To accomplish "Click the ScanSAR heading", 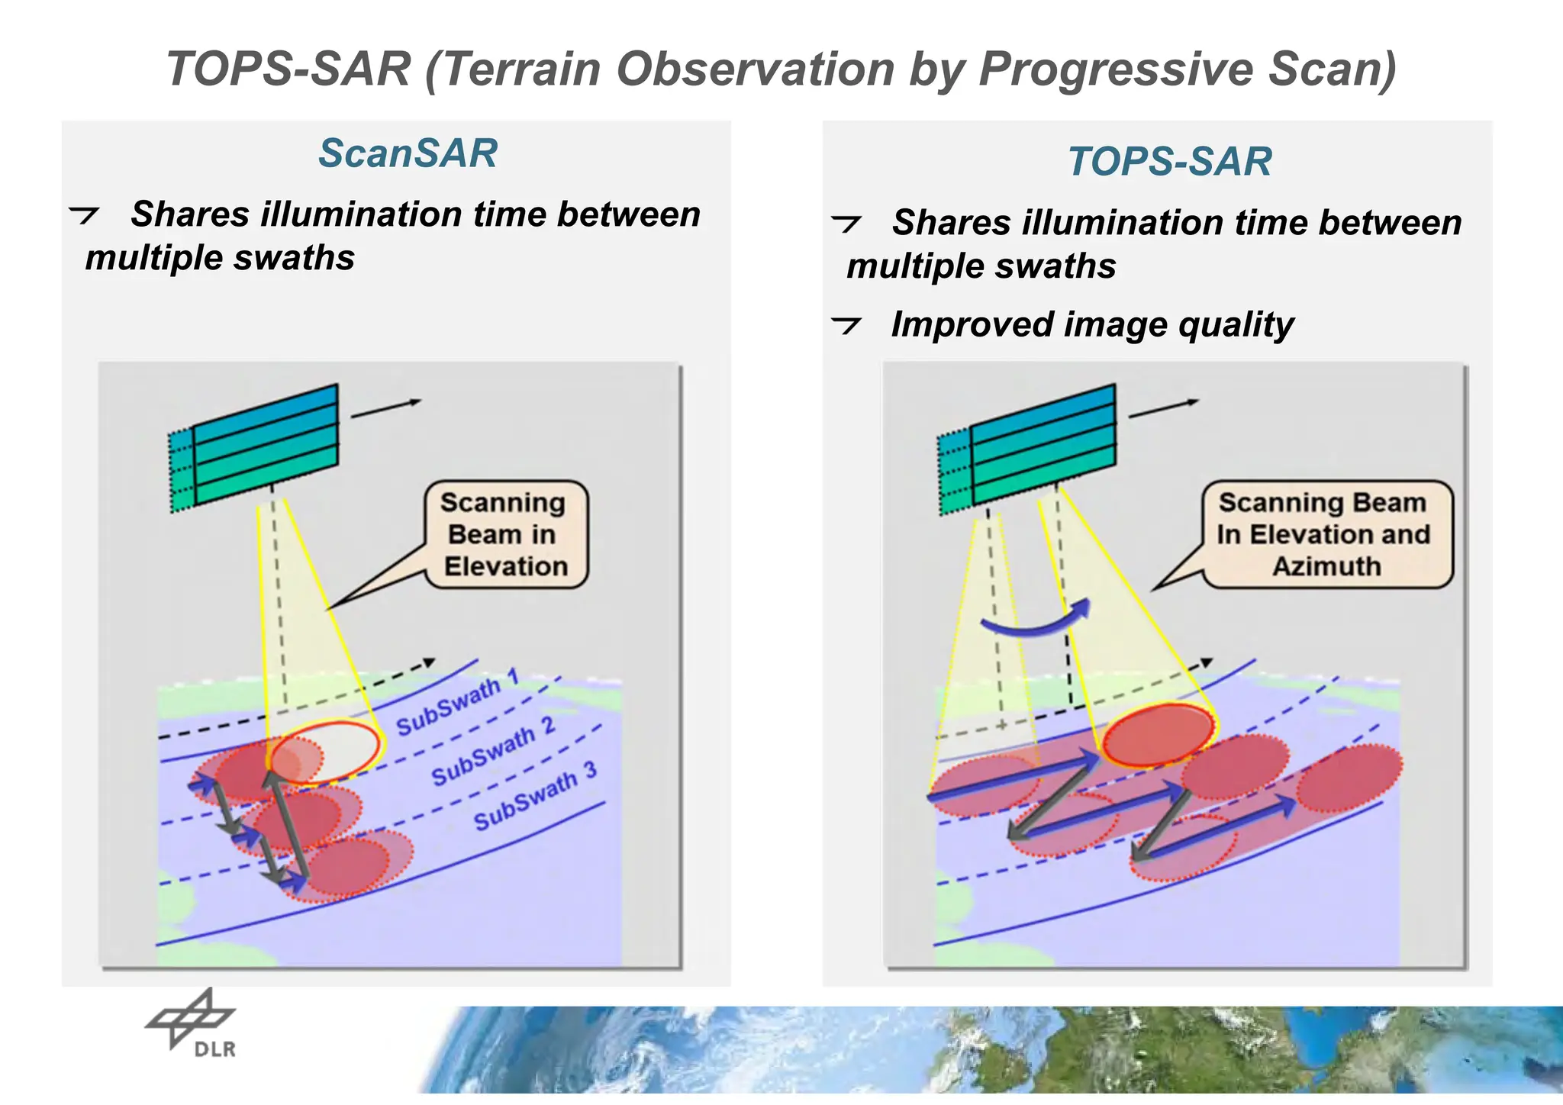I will [x=408, y=153].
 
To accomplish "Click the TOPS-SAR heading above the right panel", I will [x=1169, y=162].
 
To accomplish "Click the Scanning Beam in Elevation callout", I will [x=505, y=534].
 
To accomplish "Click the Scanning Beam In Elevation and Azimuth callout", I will [x=1326, y=534].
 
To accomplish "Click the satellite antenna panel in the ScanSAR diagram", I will [x=263, y=446].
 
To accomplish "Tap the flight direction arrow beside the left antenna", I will [x=386, y=408].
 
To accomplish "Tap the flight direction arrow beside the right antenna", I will [x=1164, y=408].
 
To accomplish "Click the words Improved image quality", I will [x=1092, y=324].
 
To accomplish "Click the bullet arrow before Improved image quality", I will [x=846, y=326].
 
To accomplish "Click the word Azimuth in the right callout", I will [x=1326, y=566].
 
